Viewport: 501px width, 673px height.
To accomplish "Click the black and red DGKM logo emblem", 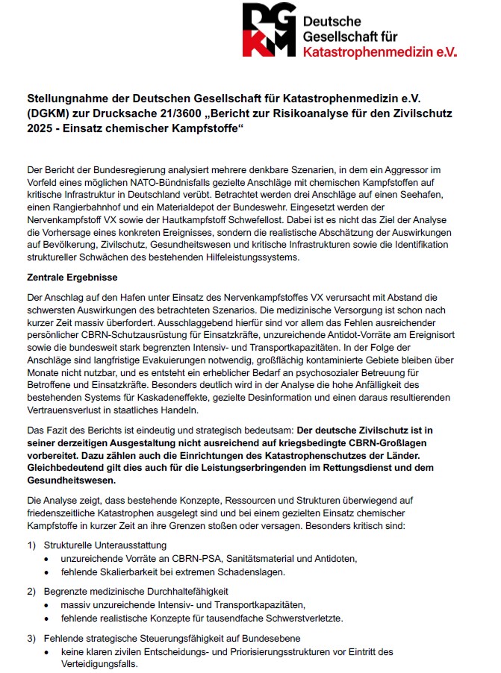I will (269, 30).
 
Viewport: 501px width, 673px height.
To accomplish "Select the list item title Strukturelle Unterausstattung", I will (105, 545).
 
